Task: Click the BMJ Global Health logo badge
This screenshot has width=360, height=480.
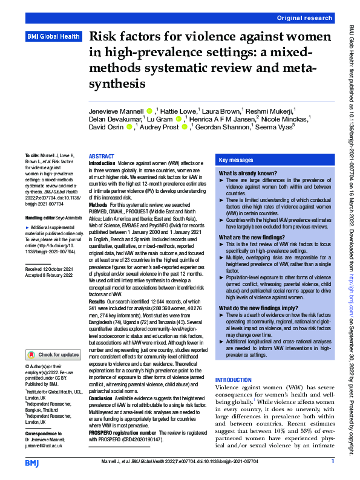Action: (x=53, y=37)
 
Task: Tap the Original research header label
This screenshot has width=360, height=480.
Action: (x=306, y=19)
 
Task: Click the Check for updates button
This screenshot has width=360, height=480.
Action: (x=53, y=354)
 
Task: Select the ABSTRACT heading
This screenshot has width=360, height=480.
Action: (x=101, y=155)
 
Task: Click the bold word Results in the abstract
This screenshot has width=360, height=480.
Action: (x=98, y=300)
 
